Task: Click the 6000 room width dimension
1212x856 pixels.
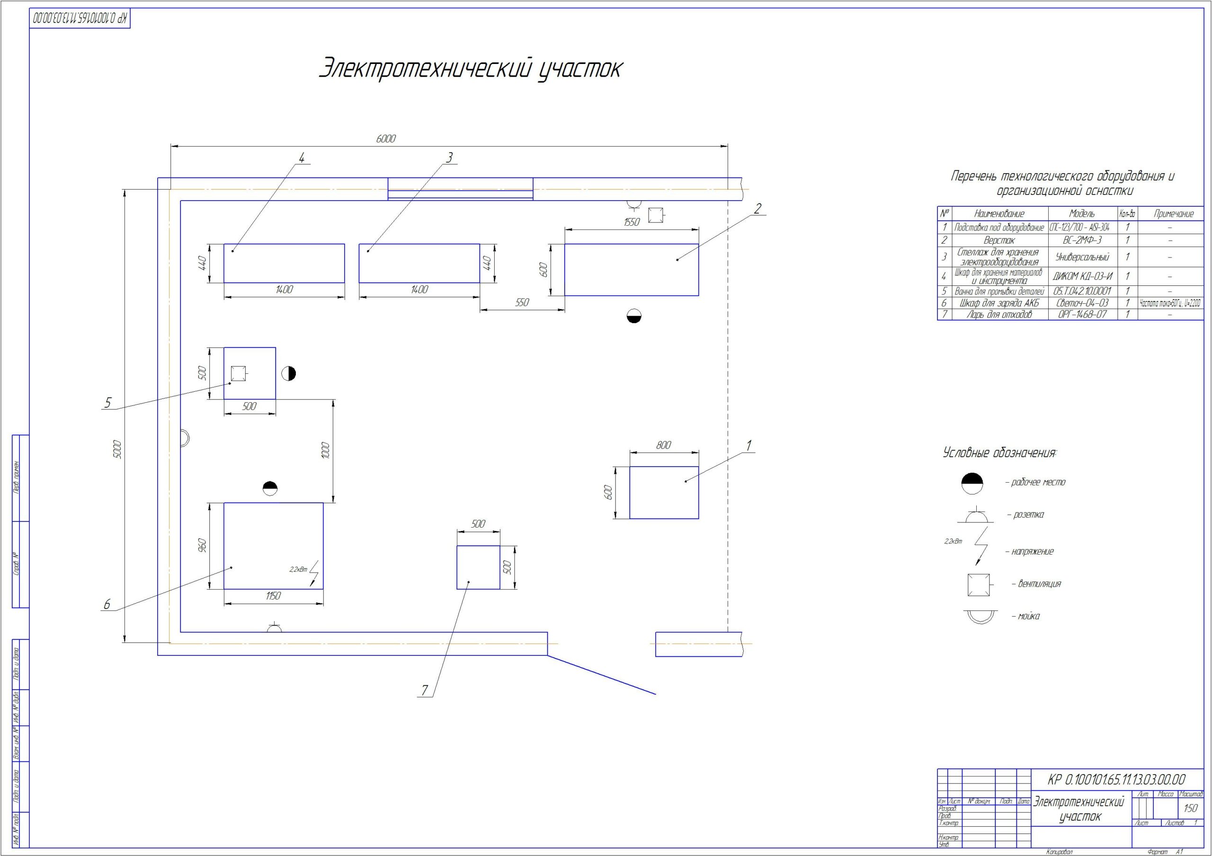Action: [385, 139]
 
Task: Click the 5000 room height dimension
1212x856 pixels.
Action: [118, 449]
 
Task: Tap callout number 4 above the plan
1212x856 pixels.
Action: [302, 157]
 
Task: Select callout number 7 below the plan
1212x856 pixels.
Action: [424, 690]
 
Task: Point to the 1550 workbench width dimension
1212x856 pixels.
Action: [632, 222]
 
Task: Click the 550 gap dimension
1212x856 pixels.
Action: [522, 302]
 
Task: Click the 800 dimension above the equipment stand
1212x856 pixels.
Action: [664, 445]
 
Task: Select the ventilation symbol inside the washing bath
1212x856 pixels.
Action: [238, 374]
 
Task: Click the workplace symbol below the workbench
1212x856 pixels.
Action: [634, 316]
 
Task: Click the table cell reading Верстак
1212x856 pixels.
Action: [999, 240]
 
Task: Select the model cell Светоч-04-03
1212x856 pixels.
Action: [1082, 303]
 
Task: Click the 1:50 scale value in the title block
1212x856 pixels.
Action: [1190, 808]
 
